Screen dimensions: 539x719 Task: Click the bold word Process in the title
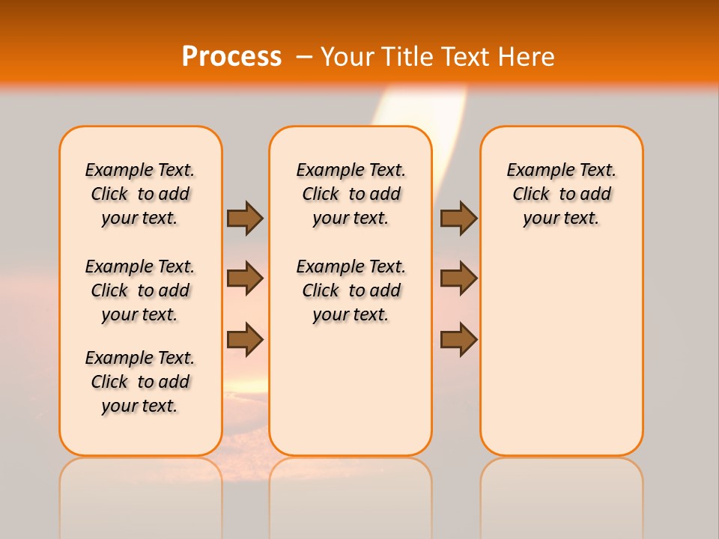[x=231, y=57]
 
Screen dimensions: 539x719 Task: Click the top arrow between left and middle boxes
[x=245, y=218]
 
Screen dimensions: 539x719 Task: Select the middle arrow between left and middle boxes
[x=245, y=278]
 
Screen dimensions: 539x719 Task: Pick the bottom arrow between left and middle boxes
[x=245, y=339]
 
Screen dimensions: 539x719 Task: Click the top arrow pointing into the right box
[x=458, y=218]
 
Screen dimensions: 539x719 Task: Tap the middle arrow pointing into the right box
[x=458, y=278]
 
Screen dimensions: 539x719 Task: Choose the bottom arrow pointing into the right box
[x=458, y=339]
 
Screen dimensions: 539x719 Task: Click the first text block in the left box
[x=140, y=194]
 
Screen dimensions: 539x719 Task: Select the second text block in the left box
[x=140, y=290]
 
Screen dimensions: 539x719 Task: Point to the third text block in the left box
[x=140, y=382]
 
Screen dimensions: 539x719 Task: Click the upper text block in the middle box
[x=351, y=194]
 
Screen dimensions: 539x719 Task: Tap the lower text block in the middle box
[x=351, y=290]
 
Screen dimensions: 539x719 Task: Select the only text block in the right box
[x=561, y=194]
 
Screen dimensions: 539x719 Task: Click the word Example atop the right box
[x=535, y=171]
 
